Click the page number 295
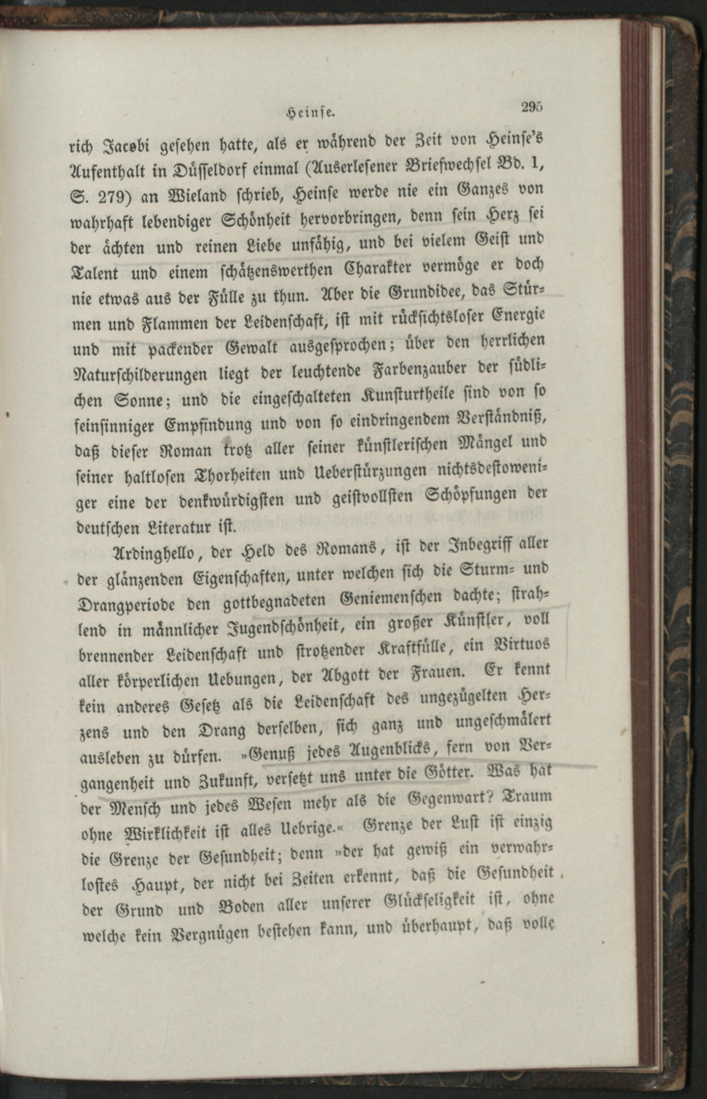point(532,106)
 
